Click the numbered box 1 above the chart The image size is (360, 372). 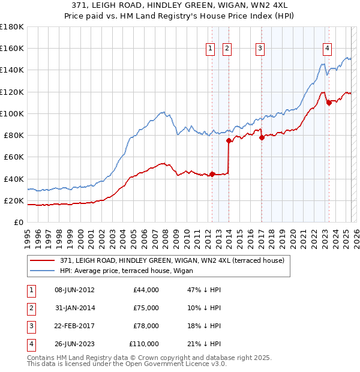pyautogui.click(x=211, y=49)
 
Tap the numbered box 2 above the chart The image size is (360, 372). pyautogui.click(x=227, y=49)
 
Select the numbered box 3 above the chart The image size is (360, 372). pyautogui.click(x=260, y=49)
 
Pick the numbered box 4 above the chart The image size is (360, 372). pyautogui.click(x=327, y=49)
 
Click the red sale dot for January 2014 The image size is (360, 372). pyautogui.click(x=229, y=141)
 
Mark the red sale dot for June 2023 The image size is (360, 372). pyautogui.click(x=329, y=103)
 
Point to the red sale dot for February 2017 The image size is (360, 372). pyautogui.click(x=262, y=137)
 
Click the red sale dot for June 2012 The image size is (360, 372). pyautogui.click(x=212, y=175)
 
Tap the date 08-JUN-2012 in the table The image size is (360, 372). pyautogui.click(x=74, y=290)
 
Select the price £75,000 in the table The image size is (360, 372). pyautogui.click(x=146, y=308)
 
